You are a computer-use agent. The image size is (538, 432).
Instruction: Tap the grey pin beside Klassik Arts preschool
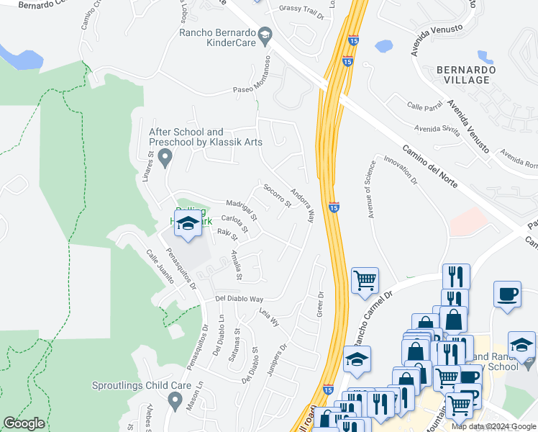coord(165,156)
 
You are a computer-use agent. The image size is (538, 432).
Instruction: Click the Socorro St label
coord(277,195)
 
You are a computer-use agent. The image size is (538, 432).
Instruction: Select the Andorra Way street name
coord(302,204)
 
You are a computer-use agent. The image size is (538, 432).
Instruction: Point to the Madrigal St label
coord(241,209)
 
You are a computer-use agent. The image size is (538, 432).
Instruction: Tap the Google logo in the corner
coord(24,423)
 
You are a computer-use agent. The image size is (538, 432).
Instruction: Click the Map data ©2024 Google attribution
coord(493,426)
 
